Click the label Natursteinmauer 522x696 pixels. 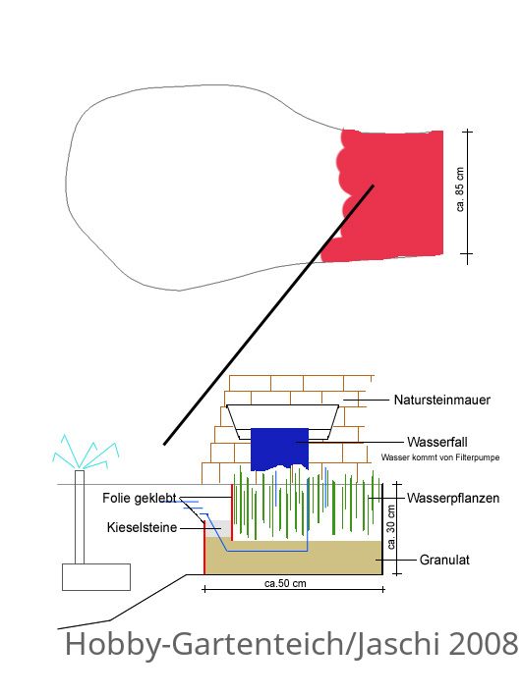pos(442,400)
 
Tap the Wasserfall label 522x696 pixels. pos(437,442)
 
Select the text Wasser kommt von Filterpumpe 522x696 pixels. pos(440,457)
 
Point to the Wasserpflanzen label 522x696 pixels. pos(453,498)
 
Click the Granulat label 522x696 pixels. pos(444,560)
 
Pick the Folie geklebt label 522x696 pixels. pos(140,498)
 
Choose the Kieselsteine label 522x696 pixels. pos(142,527)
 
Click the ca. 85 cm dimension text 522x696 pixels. pos(460,189)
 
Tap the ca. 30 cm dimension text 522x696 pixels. pos(391,527)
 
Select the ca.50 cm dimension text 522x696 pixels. pos(285,583)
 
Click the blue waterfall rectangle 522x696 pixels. pos(279,449)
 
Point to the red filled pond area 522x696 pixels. pos(391,195)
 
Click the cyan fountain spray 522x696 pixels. pos(86,453)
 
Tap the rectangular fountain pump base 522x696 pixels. pos(96,577)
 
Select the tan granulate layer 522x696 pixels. pos(294,558)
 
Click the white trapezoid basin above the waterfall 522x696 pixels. pos(283,417)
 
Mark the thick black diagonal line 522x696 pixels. pos(268,315)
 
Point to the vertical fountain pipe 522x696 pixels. pos(80,517)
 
